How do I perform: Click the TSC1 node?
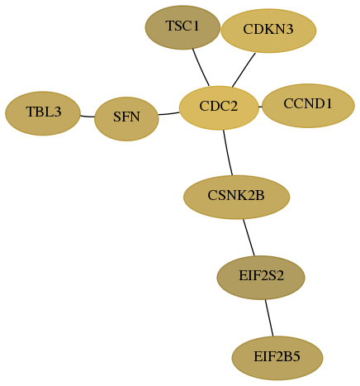pos(182,27)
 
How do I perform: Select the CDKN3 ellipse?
pos(268,31)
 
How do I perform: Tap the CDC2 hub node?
pos(219,107)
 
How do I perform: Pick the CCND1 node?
pos(308,106)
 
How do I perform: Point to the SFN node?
pos(126,119)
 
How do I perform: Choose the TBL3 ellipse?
pos(43,113)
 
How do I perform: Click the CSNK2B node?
pos(236,197)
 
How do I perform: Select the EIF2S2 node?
pos(261,278)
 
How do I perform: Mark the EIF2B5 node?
pos(277,358)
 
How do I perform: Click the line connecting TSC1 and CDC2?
pos(201,68)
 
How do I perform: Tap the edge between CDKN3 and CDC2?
pos(244,69)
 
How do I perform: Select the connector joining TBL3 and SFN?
pos(88,117)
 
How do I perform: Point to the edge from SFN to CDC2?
pos(169,113)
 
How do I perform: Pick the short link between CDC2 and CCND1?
pos(260,107)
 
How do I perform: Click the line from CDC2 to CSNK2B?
pos(228,153)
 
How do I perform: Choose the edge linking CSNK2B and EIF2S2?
pos(249,237)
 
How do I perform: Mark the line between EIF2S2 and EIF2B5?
pos(269,318)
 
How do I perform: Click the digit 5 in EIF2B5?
pos(296,357)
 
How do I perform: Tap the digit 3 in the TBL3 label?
pos(57,112)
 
